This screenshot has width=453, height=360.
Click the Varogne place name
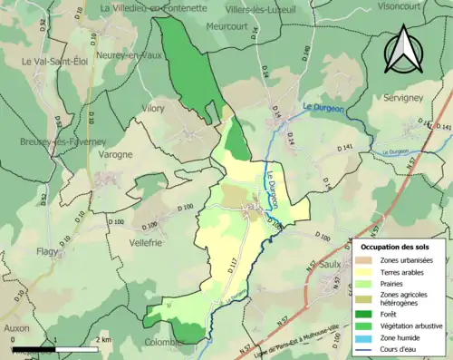pyautogui.click(x=115, y=154)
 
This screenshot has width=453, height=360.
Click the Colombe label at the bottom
pyautogui.click(x=164, y=343)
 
